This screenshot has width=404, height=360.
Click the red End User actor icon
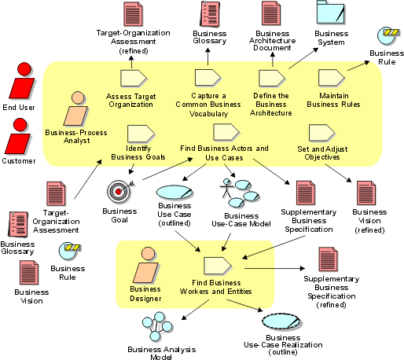pyautogui.click(x=22, y=81)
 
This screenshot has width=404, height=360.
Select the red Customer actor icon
pyautogui.click(x=18, y=136)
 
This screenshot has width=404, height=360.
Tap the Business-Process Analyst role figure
pyautogui.click(x=76, y=108)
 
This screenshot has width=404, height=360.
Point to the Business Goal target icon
pyautogui.click(x=119, y=192)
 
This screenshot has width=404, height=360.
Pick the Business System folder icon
pyautogui.click(x=331, y=13)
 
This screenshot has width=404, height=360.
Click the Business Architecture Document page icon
pyautogui.click(x=271, y=13)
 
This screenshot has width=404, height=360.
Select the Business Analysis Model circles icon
pyautogui.click(x=157, y=326)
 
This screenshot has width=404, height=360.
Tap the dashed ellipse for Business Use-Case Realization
pyautogui.click(x=281, y=321)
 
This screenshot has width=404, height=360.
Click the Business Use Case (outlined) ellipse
pyautogui.click(x=174, y=193)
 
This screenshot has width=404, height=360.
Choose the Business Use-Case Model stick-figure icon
pyautogui.click(x=239, y=193)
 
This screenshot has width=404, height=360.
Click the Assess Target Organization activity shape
pyautogui.click(x=134, y=78)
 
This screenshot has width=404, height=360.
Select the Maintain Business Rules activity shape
pyautogui.click(x=332, y=78)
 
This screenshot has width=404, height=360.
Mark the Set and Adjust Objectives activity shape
pyautogui.click(x=322, y=133)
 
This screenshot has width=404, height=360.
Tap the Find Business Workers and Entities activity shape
pyautogui.click(x=218, y=266)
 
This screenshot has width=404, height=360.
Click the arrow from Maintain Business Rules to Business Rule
pyautogui.click(x=358, y=66)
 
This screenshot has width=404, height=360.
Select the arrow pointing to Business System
pyautogui.click(x=303, y=58)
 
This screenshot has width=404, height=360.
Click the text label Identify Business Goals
pyautogui.click(x=138, y=152)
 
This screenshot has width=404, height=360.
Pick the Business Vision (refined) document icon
pyautogui.click(x=366, y=193)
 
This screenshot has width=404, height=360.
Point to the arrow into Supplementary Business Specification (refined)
pyautogui.click(x=274, y=268)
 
